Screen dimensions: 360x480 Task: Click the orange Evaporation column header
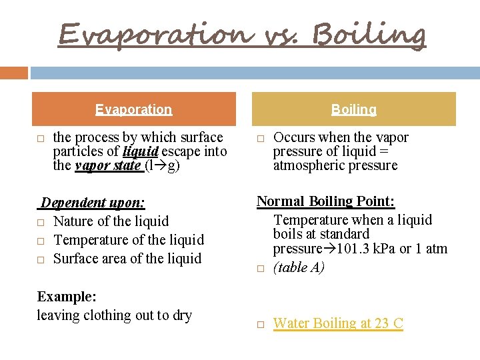[133, 109]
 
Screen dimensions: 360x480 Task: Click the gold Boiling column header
[353, 109]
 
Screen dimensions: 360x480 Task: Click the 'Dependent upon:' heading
[93, 202]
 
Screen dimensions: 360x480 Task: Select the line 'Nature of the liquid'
[111, 221]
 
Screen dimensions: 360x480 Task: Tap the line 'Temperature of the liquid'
[128, 239]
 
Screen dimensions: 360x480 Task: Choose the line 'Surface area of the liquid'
[127, 258]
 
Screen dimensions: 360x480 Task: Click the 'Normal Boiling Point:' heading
[326, 201]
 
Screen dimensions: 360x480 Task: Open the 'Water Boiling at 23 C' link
[338, 323]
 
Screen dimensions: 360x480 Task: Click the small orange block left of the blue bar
[14, 73]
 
